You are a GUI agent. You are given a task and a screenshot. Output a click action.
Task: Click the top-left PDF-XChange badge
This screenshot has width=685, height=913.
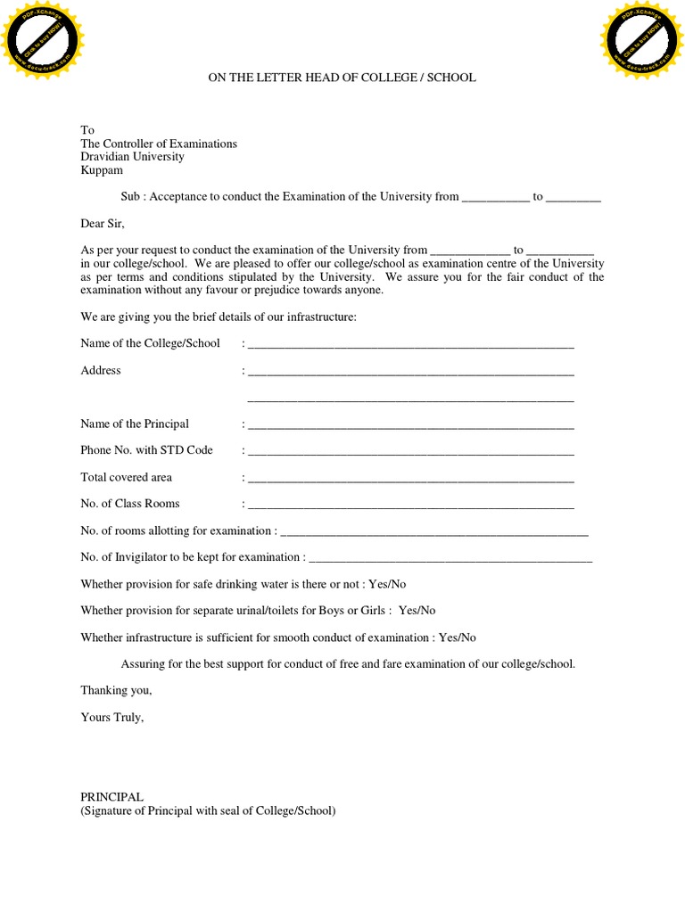[x=43, y=42]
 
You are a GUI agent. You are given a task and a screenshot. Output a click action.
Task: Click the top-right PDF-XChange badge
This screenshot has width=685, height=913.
[x=642, y=42]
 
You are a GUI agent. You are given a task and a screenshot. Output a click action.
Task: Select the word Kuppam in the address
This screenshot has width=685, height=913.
[x=102, y=170]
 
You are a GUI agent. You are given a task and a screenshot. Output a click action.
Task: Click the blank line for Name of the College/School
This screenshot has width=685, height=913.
[x=410, y=344]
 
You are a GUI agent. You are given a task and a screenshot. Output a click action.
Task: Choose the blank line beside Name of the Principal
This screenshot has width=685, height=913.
[x=410, y=424]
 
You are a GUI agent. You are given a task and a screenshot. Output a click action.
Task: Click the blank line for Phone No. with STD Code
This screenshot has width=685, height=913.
[x=410, y=451]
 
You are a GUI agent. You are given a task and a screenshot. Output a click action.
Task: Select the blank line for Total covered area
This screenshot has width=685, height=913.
[x=410, y=478]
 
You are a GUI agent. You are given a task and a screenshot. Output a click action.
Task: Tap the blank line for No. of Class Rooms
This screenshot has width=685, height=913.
[x=410, y=505]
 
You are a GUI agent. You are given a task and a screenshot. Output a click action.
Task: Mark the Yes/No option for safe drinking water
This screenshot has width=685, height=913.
[x=387, y=584]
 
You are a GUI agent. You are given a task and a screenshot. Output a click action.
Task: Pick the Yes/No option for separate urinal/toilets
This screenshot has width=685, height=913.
[x=417, y=611]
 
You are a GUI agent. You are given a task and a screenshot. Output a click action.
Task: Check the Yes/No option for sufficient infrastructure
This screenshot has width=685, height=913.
[x=458, y=637]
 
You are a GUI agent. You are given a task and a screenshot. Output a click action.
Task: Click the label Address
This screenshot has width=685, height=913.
[x=101, y=370]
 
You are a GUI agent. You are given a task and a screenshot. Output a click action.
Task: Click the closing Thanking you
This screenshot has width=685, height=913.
[x=116, y=690]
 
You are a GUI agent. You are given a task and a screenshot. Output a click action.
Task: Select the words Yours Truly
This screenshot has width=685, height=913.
[x=111, y=717]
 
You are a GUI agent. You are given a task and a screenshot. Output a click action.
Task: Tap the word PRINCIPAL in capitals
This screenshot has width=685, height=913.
[x=111, y=796]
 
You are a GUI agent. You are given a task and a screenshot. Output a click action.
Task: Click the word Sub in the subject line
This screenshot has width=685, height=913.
[x=130, y=197]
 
